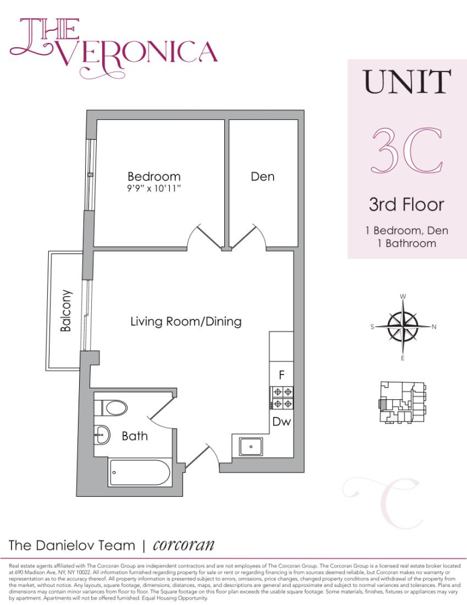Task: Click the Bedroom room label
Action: (153, 177)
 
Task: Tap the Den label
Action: (262, 177)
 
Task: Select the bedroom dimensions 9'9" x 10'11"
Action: (153, 190)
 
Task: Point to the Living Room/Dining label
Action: (186, 321)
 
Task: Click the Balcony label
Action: (66, 310)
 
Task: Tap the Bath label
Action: (135, 436)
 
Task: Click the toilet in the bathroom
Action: (114, 407)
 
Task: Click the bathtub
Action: (140, 472)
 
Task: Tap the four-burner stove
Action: (282, 397)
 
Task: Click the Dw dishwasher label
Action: (282, 422)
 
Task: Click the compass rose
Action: (402, 327)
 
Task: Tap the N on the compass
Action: (434, 327)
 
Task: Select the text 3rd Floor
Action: (406, 204)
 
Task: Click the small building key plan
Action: (402, 403)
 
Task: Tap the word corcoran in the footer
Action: (185, 544)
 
